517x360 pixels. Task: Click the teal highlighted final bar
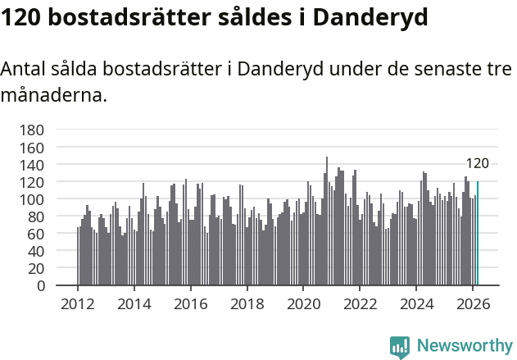478,234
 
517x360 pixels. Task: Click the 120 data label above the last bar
478,163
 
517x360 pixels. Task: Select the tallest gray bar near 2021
327,221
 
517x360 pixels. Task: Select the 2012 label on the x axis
78,303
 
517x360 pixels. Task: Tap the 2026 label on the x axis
472,303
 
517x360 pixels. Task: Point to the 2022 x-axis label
359,303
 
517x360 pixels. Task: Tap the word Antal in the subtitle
24,69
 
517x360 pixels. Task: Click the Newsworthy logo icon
400,346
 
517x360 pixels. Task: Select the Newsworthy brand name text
464,346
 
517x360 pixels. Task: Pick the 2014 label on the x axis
134,303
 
